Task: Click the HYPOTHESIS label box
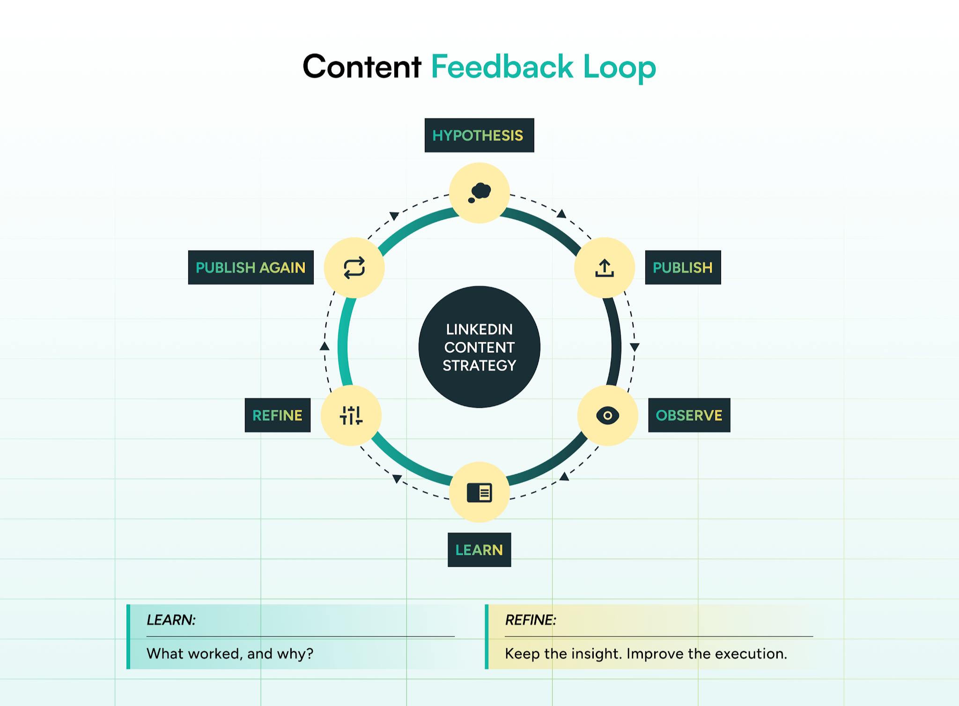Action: click(x=479, y=135)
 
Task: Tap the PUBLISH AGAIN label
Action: click(x=251, y=267)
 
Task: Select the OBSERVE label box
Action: click(x=689, y=415)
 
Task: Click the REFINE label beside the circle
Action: click(x=277, y=415)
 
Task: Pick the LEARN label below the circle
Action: click(x=479, y=549)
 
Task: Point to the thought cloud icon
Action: click(x=479, y=193)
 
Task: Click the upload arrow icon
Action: click(x=605, y=268)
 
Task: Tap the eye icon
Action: click(x=607, y=415)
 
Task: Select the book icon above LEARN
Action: click(x=479, y=492)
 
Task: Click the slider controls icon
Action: click(x=351, y=415)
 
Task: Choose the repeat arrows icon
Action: click(x=354, y=268)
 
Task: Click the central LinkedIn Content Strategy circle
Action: click(x=479, y=347)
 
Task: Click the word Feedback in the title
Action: click(x=502, y=67)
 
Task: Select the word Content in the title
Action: click(x=362, y=67)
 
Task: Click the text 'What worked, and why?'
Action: click(x=230, y=653)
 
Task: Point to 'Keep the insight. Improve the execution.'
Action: click(x=646, y=653)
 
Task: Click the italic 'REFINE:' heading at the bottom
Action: click(x=531, y=620)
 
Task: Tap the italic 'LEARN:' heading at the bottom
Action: click(x=171, y=620)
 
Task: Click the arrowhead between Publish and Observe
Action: click(x=634, y=347)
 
